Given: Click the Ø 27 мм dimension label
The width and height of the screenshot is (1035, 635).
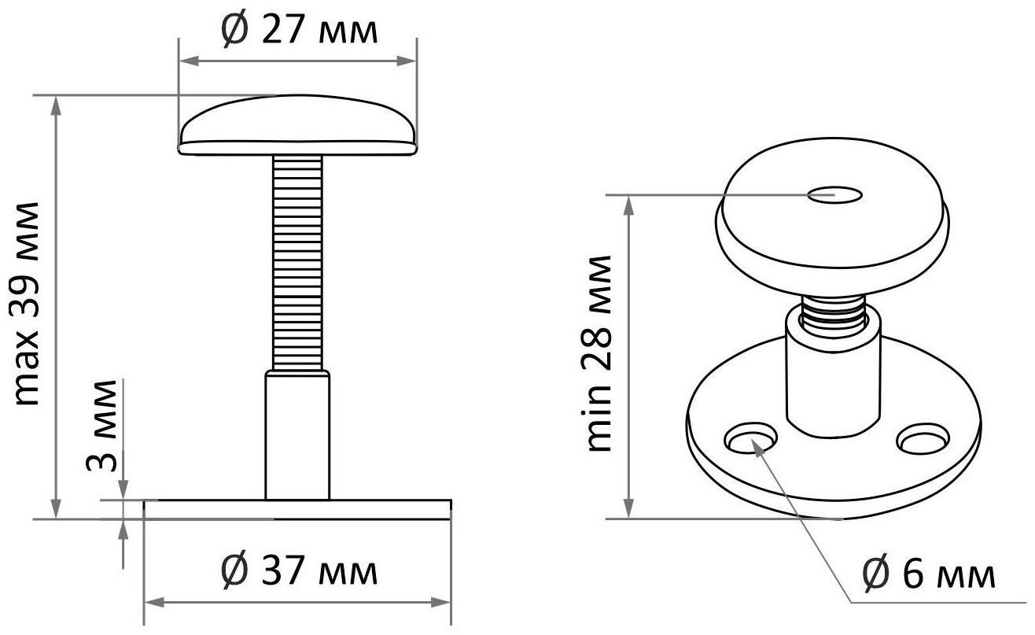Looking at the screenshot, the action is (300, 31).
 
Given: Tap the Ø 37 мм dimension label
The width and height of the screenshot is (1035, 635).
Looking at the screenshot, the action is (300, 571).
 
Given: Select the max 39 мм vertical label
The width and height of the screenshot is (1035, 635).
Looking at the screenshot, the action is (25, 304).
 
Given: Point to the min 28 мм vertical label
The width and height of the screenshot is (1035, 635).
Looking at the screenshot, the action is (597, 353).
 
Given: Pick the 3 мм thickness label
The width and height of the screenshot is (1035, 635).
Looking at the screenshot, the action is (101, 426).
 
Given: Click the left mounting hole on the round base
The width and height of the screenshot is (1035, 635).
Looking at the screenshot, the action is (750, 437).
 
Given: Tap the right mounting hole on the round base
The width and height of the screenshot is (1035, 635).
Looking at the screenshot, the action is (923, 437).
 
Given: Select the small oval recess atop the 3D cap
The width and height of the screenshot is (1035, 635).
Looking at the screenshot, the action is (834, 195).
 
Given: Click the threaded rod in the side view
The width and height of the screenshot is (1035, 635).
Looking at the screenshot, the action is (297, 263).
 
